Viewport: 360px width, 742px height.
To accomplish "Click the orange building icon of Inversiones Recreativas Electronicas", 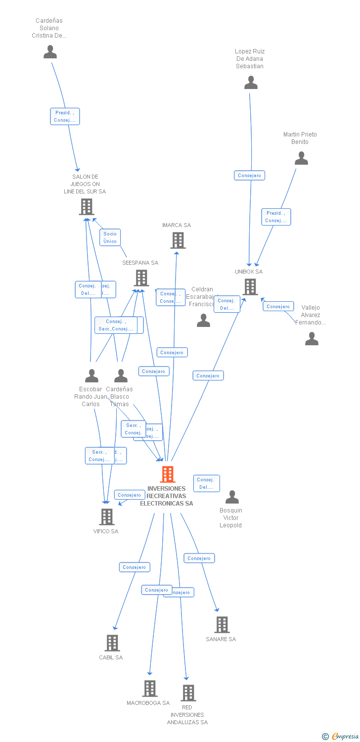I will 168,474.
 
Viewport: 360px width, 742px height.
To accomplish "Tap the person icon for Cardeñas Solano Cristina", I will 50,52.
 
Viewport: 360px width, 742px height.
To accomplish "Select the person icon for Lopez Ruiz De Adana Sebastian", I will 251,83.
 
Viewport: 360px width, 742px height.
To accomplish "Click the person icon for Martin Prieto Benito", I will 301,158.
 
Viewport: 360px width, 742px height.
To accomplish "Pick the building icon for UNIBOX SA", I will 250,287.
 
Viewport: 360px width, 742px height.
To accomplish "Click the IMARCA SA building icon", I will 178,240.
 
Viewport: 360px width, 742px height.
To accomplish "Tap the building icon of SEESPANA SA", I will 141,278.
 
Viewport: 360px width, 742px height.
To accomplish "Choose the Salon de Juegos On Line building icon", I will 87,207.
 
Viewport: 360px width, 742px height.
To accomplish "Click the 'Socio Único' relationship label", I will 110,237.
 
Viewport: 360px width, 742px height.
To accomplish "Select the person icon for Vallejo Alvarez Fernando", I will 312,339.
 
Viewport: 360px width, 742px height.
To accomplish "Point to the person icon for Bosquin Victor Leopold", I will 232,497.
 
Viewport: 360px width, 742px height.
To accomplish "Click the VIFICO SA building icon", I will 107,517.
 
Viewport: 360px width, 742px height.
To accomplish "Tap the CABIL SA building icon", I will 112,643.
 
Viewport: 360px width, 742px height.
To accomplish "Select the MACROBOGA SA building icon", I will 150,689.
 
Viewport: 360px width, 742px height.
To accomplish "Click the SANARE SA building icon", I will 222,625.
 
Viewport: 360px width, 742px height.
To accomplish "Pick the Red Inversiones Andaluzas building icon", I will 188,693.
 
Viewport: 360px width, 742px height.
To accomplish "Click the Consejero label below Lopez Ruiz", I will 249,176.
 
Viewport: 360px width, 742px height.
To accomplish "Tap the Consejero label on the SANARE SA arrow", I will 199,558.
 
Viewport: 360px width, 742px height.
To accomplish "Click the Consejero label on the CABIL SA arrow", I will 135,567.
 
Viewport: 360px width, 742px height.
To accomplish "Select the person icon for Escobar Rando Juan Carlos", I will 91,376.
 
